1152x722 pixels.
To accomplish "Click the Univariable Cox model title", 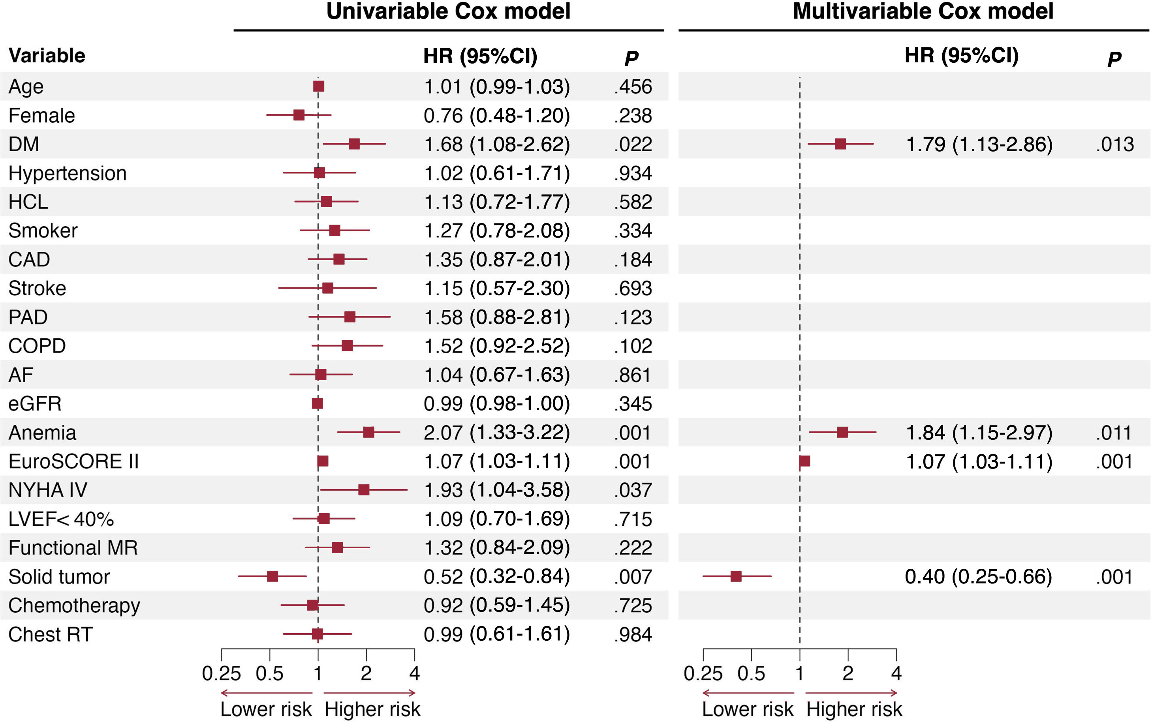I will pyautogui.click(x=448, y=11).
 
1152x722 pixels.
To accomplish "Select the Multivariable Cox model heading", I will pyautogui.click(x=923, y=11).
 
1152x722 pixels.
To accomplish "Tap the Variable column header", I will pyautogui.click(x=47, y=56).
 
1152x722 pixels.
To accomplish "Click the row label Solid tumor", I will pyautogui.click(x=59, y=577).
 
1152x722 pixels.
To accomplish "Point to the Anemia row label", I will pyautogui.click(x=42, y=433).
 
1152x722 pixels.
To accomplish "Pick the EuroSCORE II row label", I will pyautogui.click(x=73, y=462).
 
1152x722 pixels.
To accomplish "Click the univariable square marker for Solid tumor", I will pyautogui.click(x=272, y=576).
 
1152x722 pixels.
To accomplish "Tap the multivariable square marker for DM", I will pyautogui.click(x=840, y=144).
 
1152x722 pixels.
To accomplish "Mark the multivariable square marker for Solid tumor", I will pyautogui.click(x=736, y=576).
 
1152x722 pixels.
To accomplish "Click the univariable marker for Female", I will pyautogui.click(x=299, y=115).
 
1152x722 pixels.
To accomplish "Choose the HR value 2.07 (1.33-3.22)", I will pyautogui.click(x=497, y=433).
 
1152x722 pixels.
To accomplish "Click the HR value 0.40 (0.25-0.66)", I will pyautogui.click(x=978, y=577).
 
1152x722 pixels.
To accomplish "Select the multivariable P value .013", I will pyautogui.click(x=1115, y=144).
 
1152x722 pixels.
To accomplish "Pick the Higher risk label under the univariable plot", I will pyautogui.click(x=372, y=709).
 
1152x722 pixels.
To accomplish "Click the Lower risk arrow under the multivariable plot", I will pyautogui.click(x=748, y=693).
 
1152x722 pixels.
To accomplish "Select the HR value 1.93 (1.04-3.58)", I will pyautogui.click(x=497, y=490).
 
